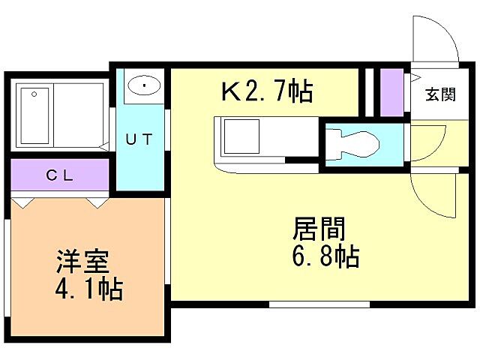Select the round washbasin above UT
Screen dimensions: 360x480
tap(142, 86)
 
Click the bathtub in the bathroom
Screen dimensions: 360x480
tap(34, 116)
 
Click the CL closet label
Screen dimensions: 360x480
tap(59, 175)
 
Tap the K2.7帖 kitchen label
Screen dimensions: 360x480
tap(266, 93)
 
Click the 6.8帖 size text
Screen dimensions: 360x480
tap(324, 256)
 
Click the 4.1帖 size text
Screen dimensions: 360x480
tap(89, 289)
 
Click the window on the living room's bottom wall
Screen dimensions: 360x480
tap(319, 304)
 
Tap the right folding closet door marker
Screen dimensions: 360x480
tap(96, 202)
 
